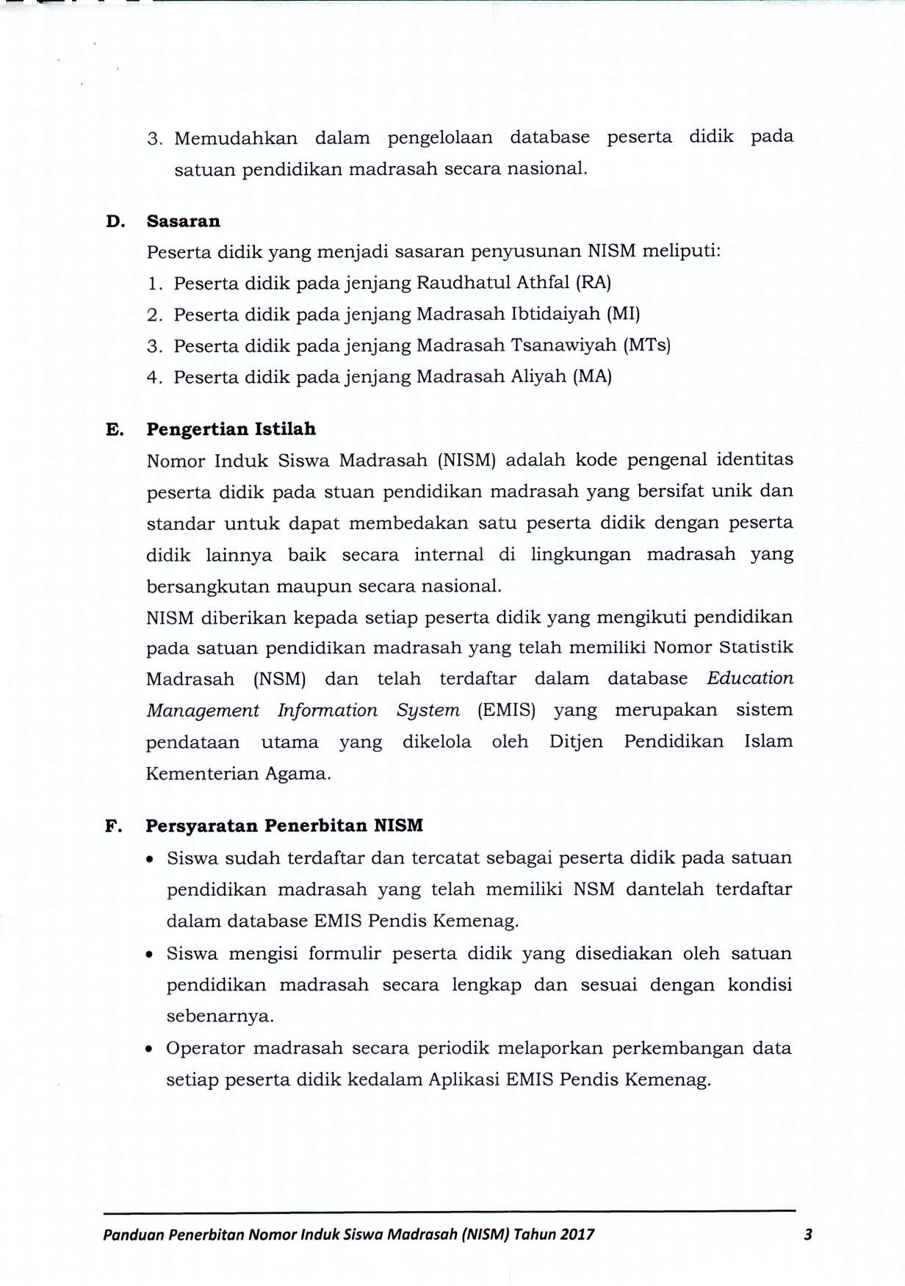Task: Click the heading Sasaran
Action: (184, 221)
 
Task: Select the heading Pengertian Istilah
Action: (231, 429)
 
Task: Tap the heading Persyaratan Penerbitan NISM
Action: (284, 825)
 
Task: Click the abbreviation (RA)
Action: (594, 282)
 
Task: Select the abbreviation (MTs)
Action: (646, 345)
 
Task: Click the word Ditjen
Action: (576, 741)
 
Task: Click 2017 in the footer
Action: (577, 1235)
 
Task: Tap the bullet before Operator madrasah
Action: (151, 1049)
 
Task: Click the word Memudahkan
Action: (236, 138)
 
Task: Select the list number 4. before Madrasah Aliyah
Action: (154, 377)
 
